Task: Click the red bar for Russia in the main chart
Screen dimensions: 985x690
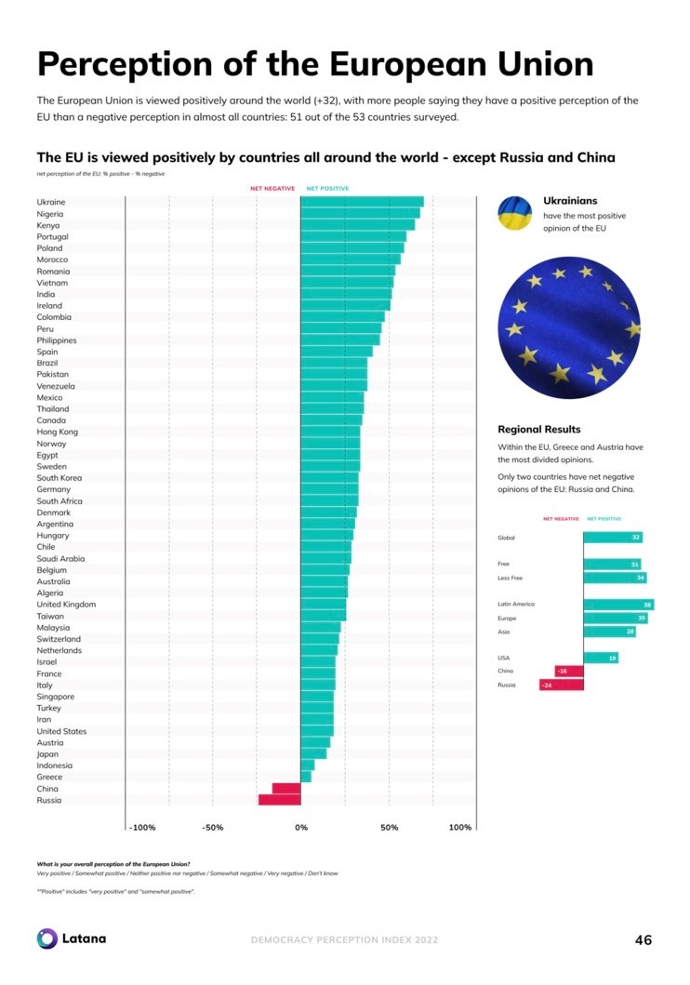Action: pyautogui.click(x=280, y=800)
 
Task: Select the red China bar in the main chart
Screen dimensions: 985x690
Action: pyautogui.click(x=286, y=789)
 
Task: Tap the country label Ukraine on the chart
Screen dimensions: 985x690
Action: pyautogui.click(x=51, y=202)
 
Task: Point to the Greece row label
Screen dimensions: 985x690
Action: pyautogui.click(x=50, y=777)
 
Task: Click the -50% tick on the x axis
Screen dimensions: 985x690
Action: pyautogui.click(x=212, y=828)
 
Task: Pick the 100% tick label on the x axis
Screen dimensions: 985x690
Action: pyautogui.click(x=459, y=828)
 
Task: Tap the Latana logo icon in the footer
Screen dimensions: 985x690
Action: pyautogui.click(x=47, y=938)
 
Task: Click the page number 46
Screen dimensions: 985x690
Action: pyautogui.click(x=643, y=939)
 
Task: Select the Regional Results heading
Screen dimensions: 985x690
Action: pyautogui.click(x=539, y=430)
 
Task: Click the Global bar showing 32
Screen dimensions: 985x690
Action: pyautogui.click(x=613, y=538)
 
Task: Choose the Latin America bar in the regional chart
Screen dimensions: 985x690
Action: pyautogui.click(x=618, y=605)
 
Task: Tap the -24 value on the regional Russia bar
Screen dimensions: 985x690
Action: pyautogui.click(x=547, y=686)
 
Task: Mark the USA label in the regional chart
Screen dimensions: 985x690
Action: pyautogui.click(x=504, y=659)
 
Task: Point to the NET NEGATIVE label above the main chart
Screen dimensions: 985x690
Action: pyautogui.click(x=272, y=189)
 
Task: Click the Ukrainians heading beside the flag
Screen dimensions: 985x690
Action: pyautogui.click(x=570, y=201)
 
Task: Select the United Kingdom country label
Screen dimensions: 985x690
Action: pyautogui.click(x=66, y=605)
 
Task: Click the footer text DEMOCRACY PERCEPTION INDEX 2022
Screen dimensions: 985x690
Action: pyautogui.click(x=344, y=939)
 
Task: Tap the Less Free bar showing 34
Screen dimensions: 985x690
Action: pyautogui.click(x=615, y=578)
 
